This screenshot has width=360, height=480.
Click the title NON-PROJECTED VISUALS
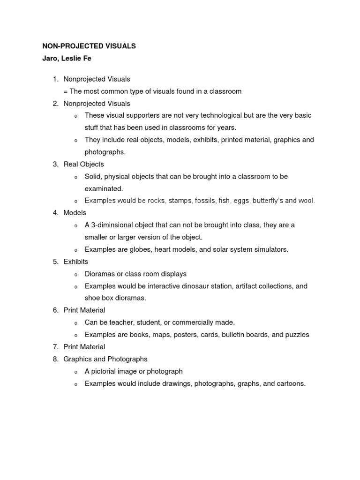coord(89,46)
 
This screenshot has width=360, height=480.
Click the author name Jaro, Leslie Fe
coord(67,59)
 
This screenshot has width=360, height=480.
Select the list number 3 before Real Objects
coord(55,164)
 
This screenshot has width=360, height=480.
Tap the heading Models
coord(75,213)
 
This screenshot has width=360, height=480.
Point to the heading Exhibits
coord(76,262)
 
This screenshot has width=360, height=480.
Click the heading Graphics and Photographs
coord(105,359)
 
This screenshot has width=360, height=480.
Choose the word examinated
coord(104,188)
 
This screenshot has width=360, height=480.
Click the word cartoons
coord(290,383)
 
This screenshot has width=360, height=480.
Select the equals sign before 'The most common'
coord(66,91)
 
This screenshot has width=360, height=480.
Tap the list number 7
coord(55,347)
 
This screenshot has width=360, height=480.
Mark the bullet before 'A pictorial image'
coord(76,372)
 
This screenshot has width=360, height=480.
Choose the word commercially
coord(190,322)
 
